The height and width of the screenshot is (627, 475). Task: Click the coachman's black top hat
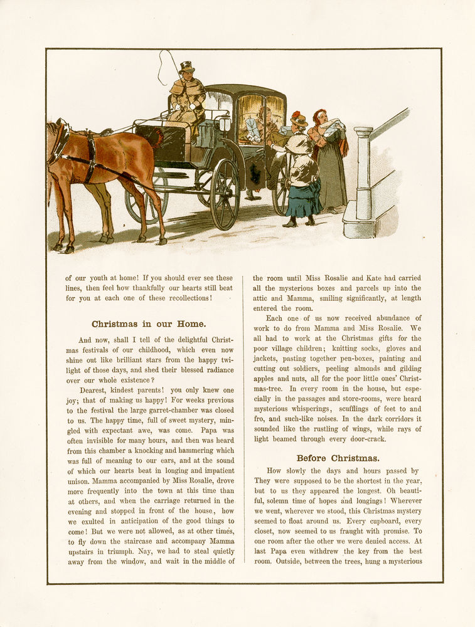pyautogui.click(x=186, y=67)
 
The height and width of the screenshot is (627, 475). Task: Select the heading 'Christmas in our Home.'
pyautogui.click(x=149, y=324)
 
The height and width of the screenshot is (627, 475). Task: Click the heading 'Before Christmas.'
pyautogui.click(x=338, y=458)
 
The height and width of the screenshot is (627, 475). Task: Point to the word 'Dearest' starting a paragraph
pyautogui.click(x=93, y=390)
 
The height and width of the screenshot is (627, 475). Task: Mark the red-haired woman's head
pyautogui.click(x=320, y=117)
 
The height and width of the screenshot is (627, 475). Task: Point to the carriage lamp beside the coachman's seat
pyautogui.click(x=225, y=124)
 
